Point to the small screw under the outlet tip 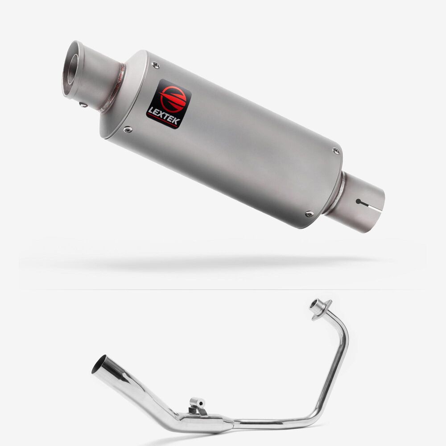point(84,105)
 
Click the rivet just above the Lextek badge point(156,66)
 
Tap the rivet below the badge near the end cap point(128,130)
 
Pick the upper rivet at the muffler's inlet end point(336,151)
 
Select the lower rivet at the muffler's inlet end point(309,213)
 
